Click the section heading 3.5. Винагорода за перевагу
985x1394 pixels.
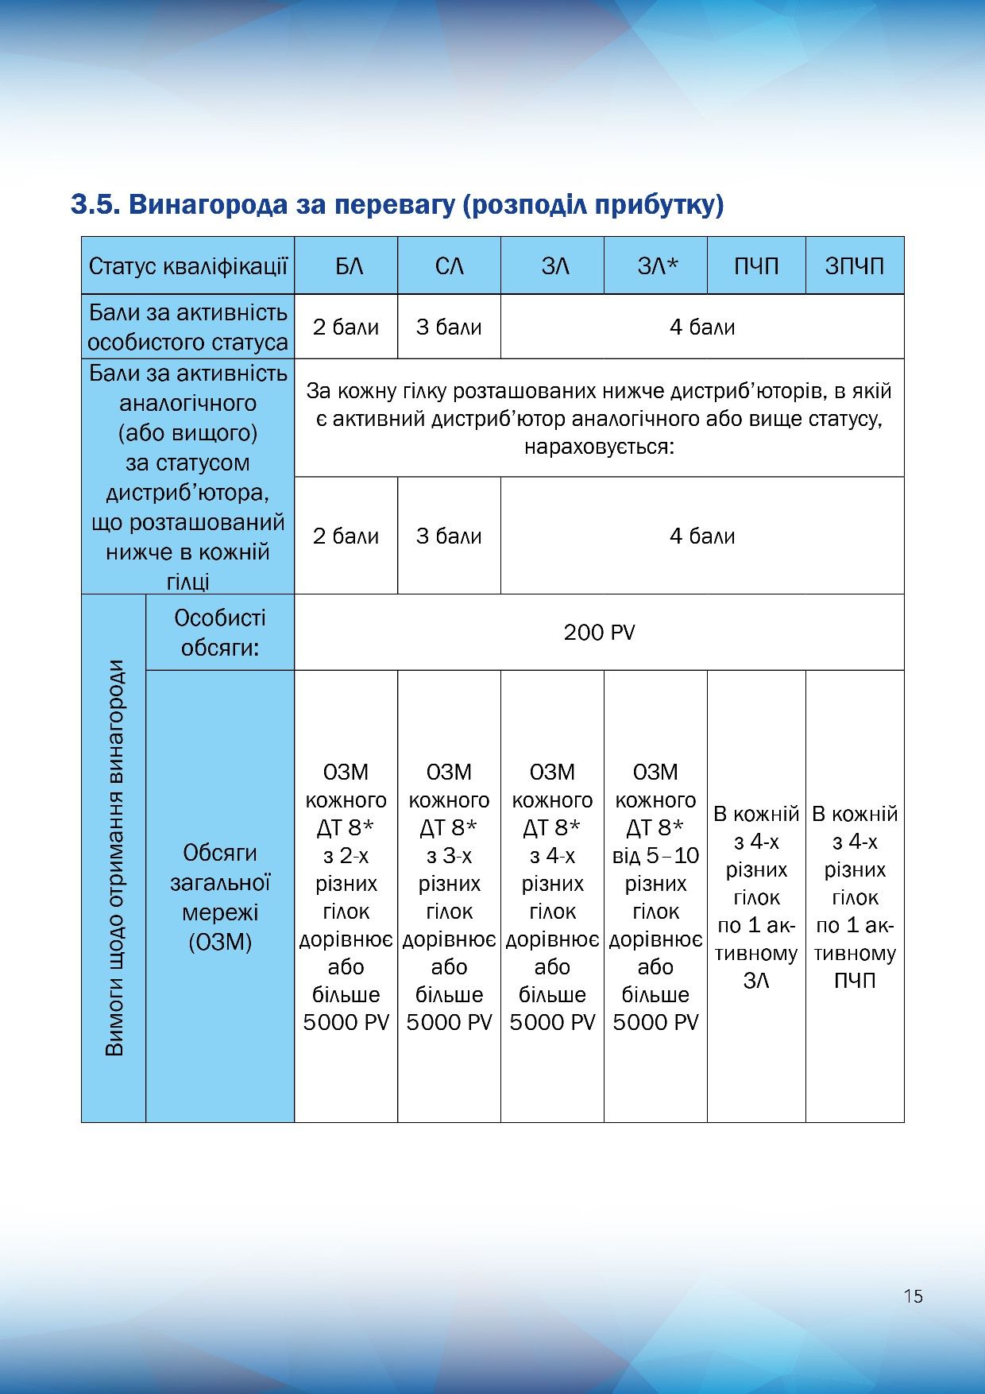click(x=397, y=204)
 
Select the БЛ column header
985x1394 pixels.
click(x=346, y=265)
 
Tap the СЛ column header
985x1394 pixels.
click(x=449, y=265)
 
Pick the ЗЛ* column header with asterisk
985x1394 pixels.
click(x=655, y=265)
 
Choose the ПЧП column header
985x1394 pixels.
click(x=756, y=265)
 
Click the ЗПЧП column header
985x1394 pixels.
click(x=855, y=265)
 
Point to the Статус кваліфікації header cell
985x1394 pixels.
click(x=187, y=265)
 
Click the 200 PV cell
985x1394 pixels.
click(x=599, y=633)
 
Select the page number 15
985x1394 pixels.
click(x=913, y=1296)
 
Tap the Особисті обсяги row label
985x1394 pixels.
click(x=220, y=633)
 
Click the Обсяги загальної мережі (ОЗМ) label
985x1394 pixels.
click(x=220, y=896)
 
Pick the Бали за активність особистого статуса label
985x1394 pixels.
click(x=187, y=327)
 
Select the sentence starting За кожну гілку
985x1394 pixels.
click(x=599, y=418)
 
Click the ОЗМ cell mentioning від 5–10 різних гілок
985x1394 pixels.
click(x=655, y=896)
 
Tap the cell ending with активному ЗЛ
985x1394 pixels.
click(x=756, y=896)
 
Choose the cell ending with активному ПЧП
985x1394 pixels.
click(x=855, y=896)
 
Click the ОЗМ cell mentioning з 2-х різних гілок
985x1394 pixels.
click(x=346, y=896)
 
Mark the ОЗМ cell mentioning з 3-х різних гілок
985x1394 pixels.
click(x=449, y=896)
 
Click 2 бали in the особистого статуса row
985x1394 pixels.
click(x=346, y=327)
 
